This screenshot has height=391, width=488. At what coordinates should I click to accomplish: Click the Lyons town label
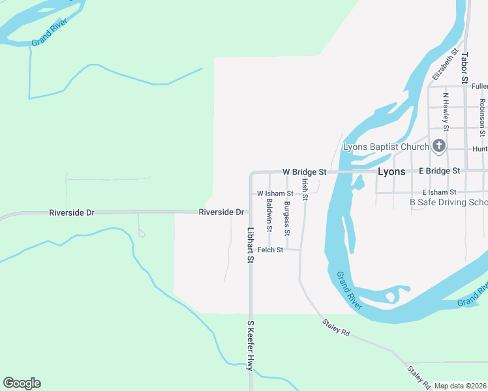pos(391,171)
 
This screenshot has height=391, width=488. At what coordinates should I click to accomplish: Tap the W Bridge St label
pos(304,171)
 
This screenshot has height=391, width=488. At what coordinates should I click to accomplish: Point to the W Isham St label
pos(275,194)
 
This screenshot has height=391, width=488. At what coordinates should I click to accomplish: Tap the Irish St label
pos(304,186)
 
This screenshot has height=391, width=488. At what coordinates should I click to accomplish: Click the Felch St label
pos(270,250)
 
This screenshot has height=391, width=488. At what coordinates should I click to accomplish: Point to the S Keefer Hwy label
pos(249,345)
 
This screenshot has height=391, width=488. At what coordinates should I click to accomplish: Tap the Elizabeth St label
pos(442,68)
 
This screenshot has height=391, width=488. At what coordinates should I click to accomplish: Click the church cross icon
pos(439,145)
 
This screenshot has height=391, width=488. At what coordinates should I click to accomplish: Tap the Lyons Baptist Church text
pos(386,147)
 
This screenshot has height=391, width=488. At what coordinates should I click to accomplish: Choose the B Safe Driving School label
pos(448,202)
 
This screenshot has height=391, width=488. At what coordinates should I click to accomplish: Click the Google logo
pos(22,383)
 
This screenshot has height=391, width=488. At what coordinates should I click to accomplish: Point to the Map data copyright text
pos(461,386)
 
